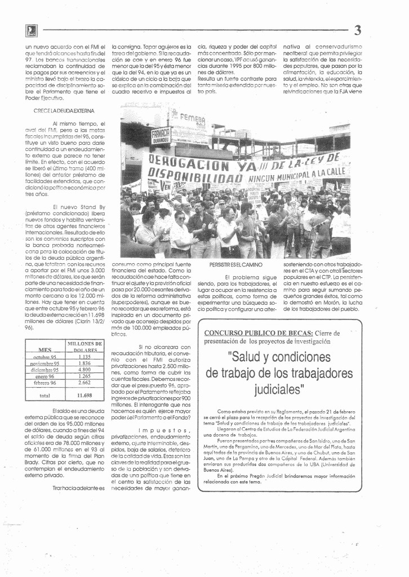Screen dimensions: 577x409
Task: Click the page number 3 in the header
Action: (358, 30)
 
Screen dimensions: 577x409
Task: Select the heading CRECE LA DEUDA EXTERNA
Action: (64, 111)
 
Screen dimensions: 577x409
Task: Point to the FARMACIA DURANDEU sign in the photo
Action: (161, 135)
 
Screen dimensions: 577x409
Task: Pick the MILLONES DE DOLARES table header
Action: (85, 347)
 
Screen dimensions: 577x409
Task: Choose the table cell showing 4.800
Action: (85, 370)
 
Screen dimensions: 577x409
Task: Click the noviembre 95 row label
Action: (45, 363)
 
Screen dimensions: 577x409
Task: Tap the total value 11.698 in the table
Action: (85, 396)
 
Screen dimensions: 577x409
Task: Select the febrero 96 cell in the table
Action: (45, 383)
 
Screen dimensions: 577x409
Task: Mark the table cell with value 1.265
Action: (85, 376)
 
